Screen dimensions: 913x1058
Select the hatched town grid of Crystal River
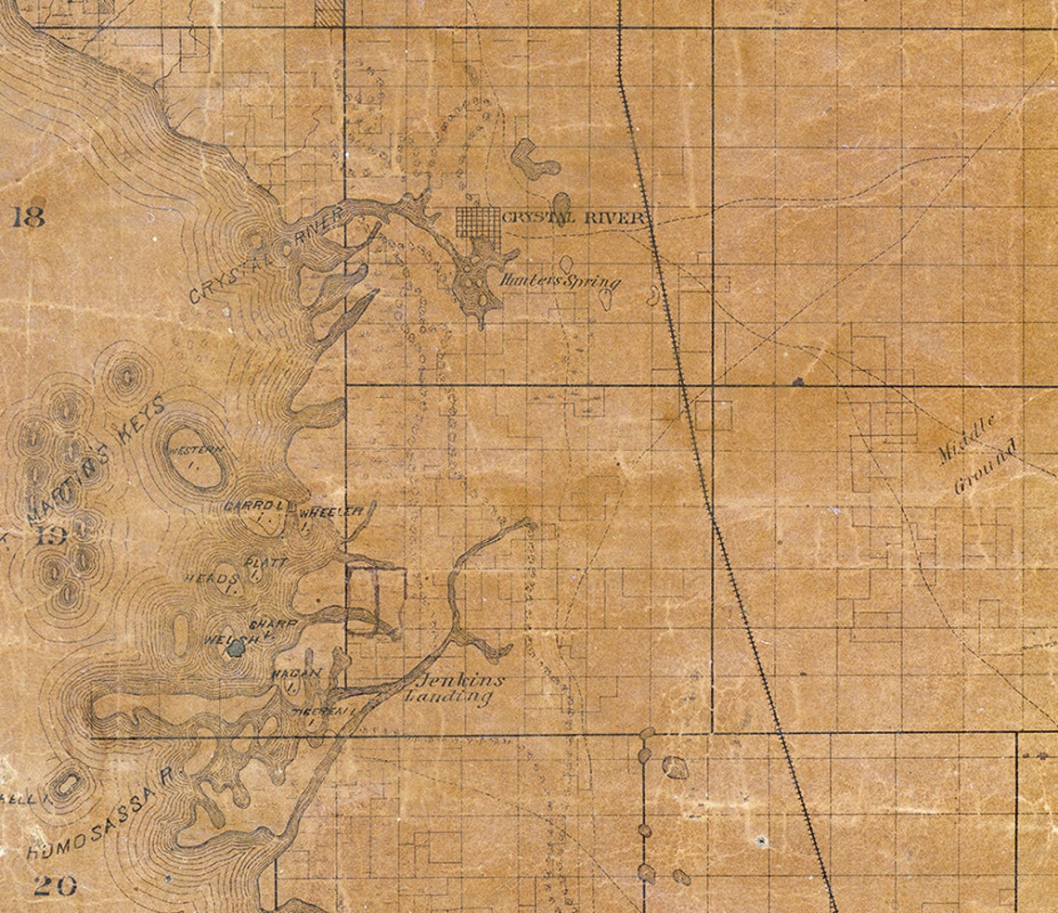pos(478,228)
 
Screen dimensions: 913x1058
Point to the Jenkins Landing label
pos(455,688)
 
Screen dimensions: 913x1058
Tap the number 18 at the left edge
pos(29,219)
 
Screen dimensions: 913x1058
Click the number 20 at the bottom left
pos(54,885)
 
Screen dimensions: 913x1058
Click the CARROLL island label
pos(253,508)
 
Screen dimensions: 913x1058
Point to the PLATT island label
pos(265,562)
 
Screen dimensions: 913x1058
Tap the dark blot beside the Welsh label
pos(236,649)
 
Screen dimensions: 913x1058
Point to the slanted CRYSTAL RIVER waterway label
pos(264,256)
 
